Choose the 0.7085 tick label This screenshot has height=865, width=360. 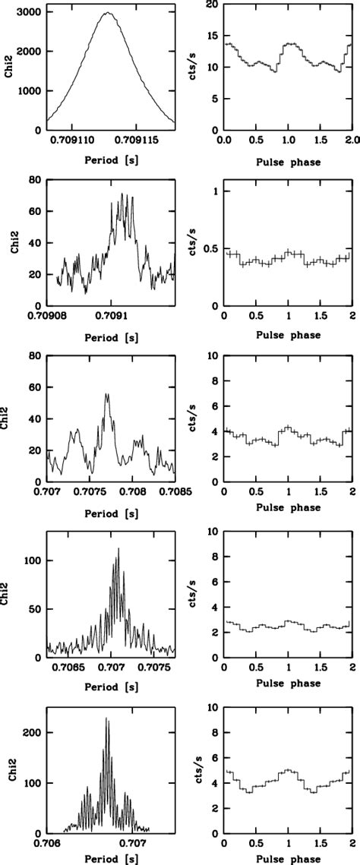[x=170, y=490]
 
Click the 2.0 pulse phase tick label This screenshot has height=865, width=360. [x=349, y=140]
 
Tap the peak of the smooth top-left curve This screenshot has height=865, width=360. [x=108, y=13]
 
